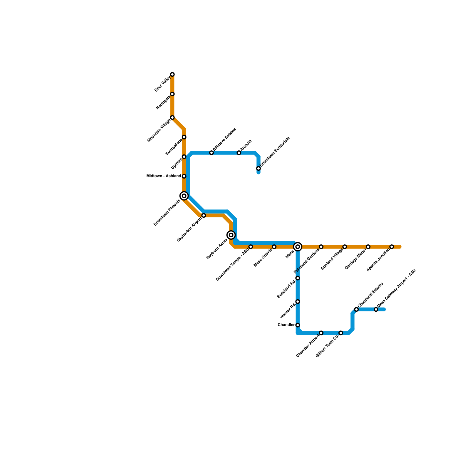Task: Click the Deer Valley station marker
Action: [x=172, y=74]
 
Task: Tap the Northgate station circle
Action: [x=172, y=94]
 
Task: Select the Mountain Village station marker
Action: [x=172, y=117]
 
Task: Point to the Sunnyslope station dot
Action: [x=184, y=137]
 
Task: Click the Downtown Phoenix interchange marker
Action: [x=184, y=196]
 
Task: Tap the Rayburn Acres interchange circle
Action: [x=231, y=235]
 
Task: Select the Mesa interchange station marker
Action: [x=298, y=247]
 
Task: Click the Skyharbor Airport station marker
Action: [x=204, y=216]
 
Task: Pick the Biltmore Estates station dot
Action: [x=211, y=153]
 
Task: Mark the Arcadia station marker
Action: [x=239, y=153]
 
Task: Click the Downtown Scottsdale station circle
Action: [x=258, y=169]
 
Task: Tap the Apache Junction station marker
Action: [x=392, y=247]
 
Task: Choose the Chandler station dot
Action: [x=298, y=325]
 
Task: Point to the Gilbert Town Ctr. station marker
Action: [x=341, y=333]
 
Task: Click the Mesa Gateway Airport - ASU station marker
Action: [x=376, y=309]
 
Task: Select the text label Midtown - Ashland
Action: [x=164, y=176]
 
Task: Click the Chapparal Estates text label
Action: [x=370, y=295]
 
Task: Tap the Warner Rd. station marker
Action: [x=298, y=302]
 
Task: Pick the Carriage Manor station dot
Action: [x=368, y=247]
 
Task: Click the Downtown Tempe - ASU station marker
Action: [x=251, y=247]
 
